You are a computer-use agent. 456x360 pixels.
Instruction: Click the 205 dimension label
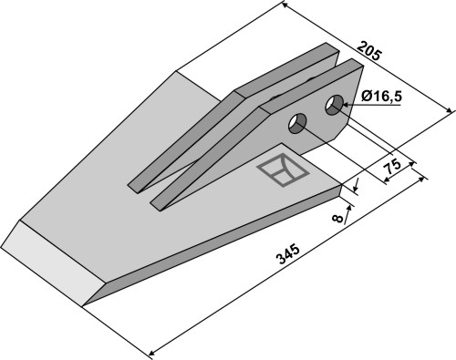(368, 51)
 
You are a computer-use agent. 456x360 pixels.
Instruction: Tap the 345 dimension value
(287, 253)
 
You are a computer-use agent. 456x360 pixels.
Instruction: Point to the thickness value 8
(337, 218)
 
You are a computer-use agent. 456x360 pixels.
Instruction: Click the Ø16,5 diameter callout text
(381, 97)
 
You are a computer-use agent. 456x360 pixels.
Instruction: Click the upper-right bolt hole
(334, 105)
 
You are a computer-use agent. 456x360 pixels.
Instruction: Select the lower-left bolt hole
(297, 123)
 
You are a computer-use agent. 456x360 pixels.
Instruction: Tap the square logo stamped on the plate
(283, 170)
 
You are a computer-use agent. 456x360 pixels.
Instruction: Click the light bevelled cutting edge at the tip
(52, 262)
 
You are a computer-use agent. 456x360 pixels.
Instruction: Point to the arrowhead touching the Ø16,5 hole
(347, 105)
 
